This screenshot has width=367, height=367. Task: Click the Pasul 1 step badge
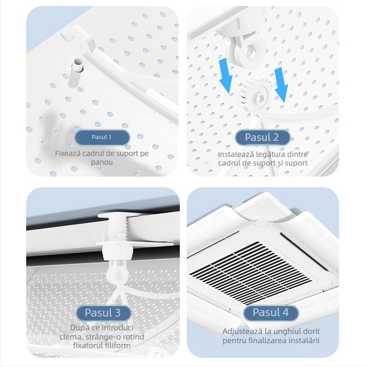pos(102,137)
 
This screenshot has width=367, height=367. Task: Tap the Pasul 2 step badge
pos(262,137)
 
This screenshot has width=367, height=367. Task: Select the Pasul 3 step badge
pos(102,313)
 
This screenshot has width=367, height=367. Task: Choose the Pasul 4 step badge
pos(270,313)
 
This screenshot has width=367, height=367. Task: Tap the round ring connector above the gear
pos(248,49)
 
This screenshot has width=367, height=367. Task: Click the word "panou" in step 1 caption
pos(102,162)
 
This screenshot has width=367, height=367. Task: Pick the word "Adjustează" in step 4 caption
pos(241,331)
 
